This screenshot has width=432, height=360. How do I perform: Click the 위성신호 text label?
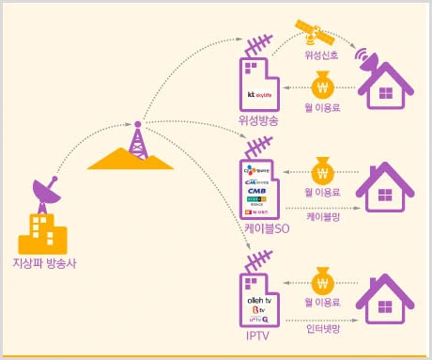tap(321, 55)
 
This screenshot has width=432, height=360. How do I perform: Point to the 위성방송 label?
tap(258, 121)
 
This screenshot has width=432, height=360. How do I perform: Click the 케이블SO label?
tap(258, 228)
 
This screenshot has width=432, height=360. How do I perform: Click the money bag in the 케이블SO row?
tap(322, 173)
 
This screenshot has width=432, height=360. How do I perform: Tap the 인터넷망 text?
tap(321, 329)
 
